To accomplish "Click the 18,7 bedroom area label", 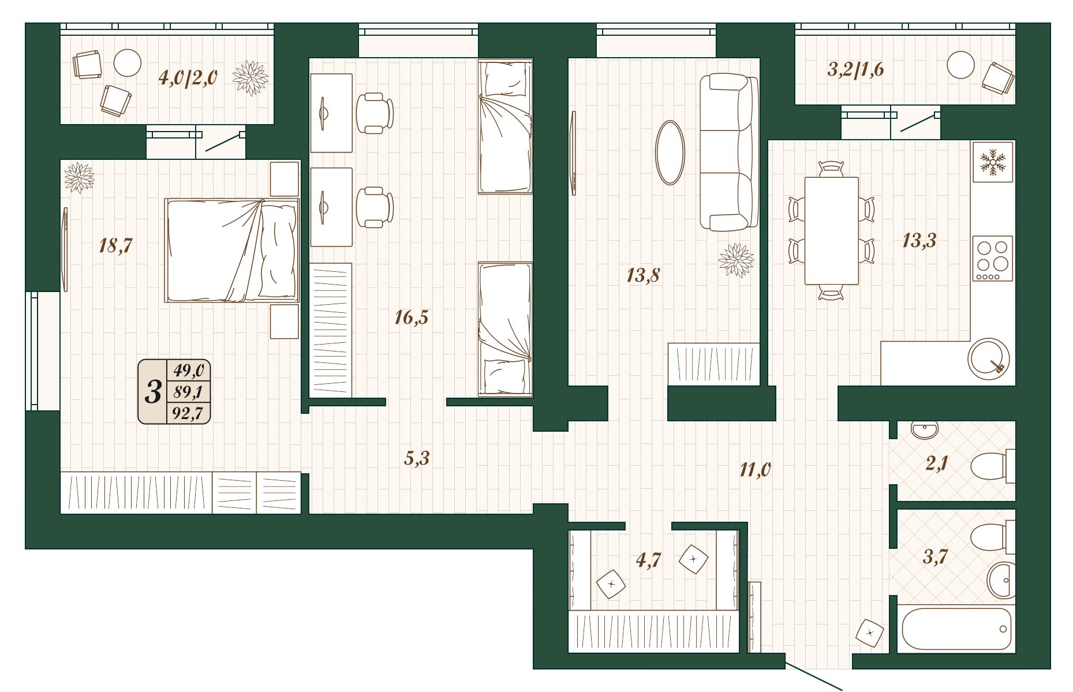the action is point(116,246).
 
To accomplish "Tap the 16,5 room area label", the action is point(412,317).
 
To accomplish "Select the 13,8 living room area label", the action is point(643,275).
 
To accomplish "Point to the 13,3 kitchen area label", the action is point(919,240).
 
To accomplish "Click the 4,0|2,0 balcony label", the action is point(188,77).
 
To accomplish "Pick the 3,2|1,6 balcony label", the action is point(855,69).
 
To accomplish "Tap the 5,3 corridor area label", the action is point(417,458).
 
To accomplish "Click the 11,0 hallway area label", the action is point(755,470).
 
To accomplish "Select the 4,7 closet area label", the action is point(648,560).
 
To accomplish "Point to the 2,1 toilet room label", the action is point(937,463).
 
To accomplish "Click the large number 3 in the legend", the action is point(152,392).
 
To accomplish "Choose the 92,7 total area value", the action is point(188,413).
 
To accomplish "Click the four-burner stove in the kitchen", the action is point(992,258).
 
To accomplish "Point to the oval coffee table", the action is point(671,152).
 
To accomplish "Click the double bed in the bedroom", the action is point(232,250).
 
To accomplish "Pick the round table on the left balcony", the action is point(127,62).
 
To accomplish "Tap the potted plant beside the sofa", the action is point(736,260).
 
